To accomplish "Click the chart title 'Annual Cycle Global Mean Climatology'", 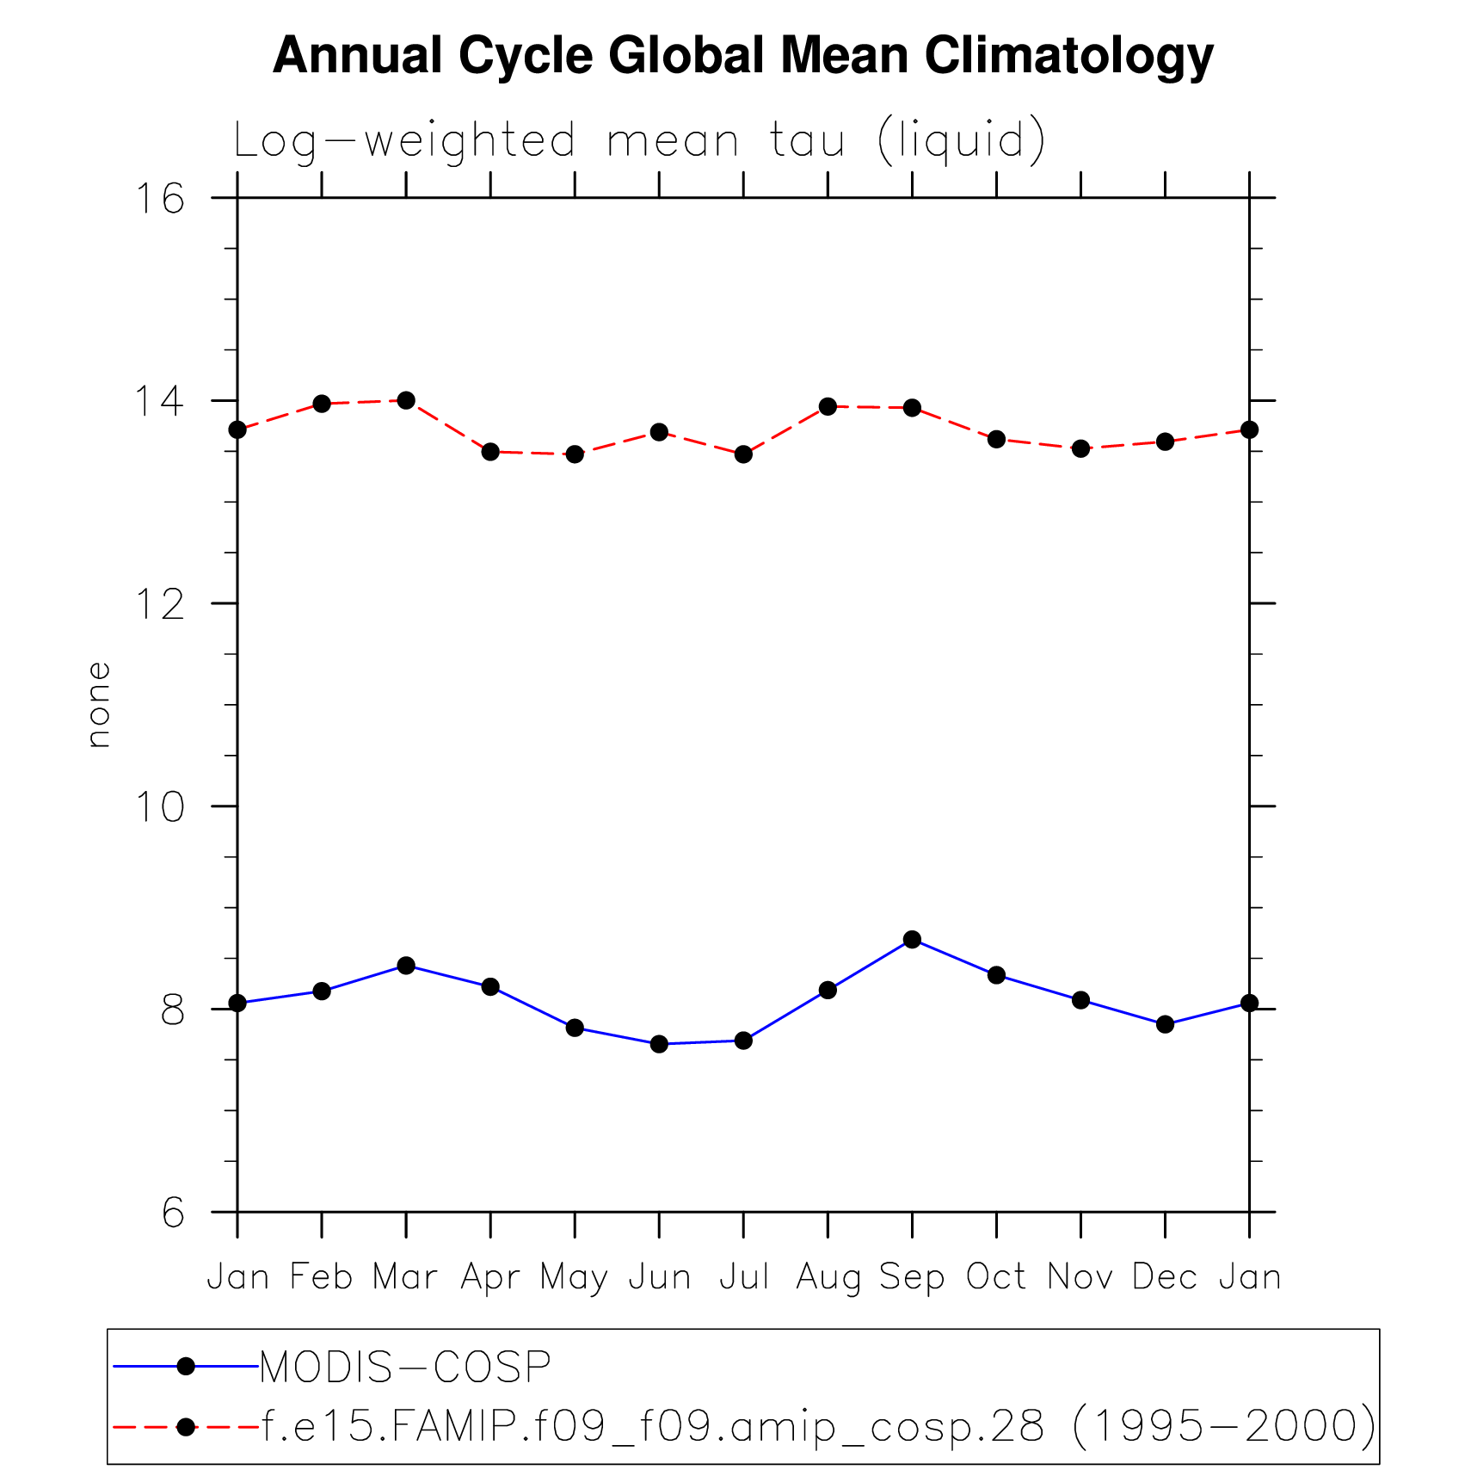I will (x=742, y=56).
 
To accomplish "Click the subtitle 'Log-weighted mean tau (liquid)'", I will (x=639, y=140).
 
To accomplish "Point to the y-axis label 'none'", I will (x=99, y=704).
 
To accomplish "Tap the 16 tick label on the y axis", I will (x=161, y=199).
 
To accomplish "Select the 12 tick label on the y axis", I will (x=161, y=604).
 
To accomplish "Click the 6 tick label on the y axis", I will (x=173, y=1213).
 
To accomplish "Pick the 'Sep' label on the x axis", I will (x=912, y=1277).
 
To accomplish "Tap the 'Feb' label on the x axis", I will (x=322, y=1276).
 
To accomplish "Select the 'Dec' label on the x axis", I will (x=1165, y=1277).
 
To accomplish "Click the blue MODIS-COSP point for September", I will (x=912, y=939).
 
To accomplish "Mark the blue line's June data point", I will (x=659, y=1044).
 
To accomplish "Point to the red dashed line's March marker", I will (x=406, y=400).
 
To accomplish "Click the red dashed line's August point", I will (x=828, y=406).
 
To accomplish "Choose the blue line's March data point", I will (x=406, y=966).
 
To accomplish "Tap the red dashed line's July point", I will (x=743, y=454).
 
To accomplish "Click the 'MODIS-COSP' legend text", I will (x=405, y=1367).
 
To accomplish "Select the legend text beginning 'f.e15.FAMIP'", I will (x=818, y=1427).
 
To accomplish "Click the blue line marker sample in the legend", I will (x=186, y=1366).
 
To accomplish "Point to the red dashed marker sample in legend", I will (x=186, y=1427).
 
